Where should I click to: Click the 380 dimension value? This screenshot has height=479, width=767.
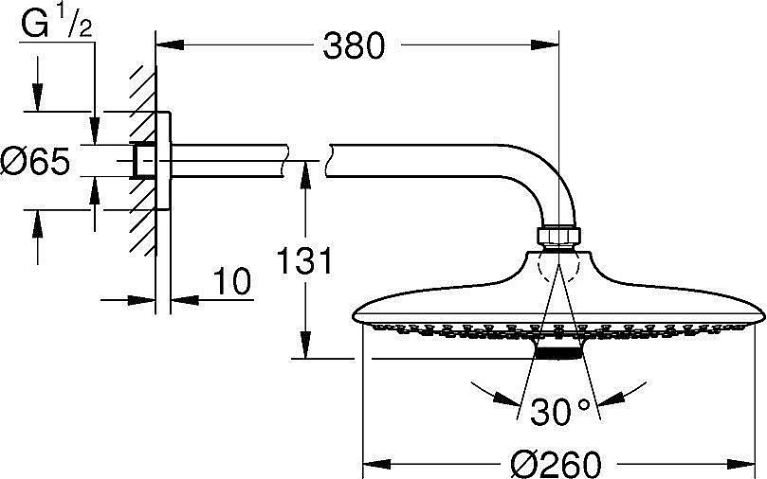355,44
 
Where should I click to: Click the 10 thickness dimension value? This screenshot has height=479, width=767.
232,281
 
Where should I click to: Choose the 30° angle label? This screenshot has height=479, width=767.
560,412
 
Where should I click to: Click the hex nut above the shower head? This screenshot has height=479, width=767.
559,237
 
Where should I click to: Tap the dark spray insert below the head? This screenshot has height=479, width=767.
559,352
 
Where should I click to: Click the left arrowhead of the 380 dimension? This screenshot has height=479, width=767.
162,44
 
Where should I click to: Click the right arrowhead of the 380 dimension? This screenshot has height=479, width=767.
552,44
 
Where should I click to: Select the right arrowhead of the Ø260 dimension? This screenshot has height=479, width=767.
757,464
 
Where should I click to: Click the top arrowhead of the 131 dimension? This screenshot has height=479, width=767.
304,169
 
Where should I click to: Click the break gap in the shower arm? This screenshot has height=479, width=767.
307,155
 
